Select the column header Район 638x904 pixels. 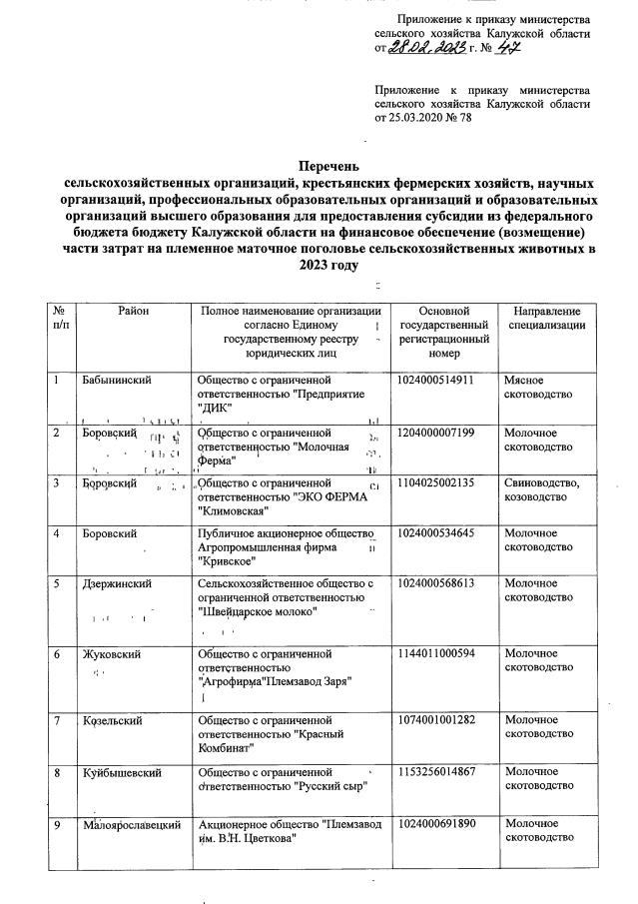(133, 313)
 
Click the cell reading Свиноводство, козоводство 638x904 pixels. (541, 490)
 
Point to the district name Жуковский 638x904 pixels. (111, 654)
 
